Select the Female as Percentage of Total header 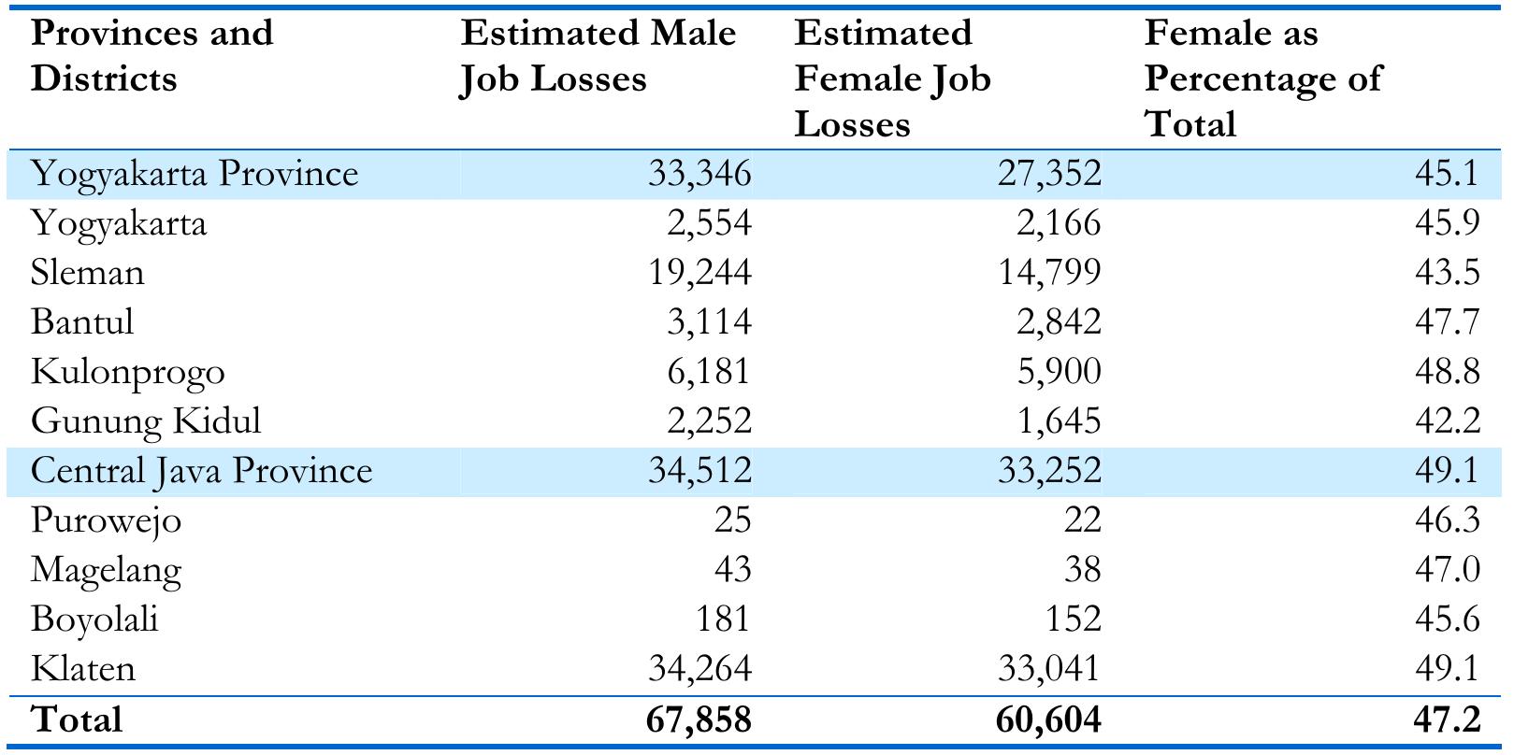pyautogui.click(x=1262, y=78)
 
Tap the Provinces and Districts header pyautogui.click(x=151, y=56)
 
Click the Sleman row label pyautogui.click(x=87, y=273)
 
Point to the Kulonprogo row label pyautogui.click(x=127, y=372)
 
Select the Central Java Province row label pyautogui.click(x=201, y=470)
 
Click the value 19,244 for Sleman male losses pyautogui.click(x=699, y=273)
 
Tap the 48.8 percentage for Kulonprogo pyautogui.click(x=1447, y=372)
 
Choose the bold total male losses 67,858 pyautogui.click(x=698, y=720)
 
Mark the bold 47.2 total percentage pyautogui.click(x=1447, y=720)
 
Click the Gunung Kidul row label pyautogui.click(x=146, y=421)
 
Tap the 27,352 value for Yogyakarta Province pyautogui.click(x=1048, y=174)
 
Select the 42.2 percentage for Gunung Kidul pyautogui.click(x=1447, y=421)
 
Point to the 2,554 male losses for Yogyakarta pyautogui.click(x=709, y=223)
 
